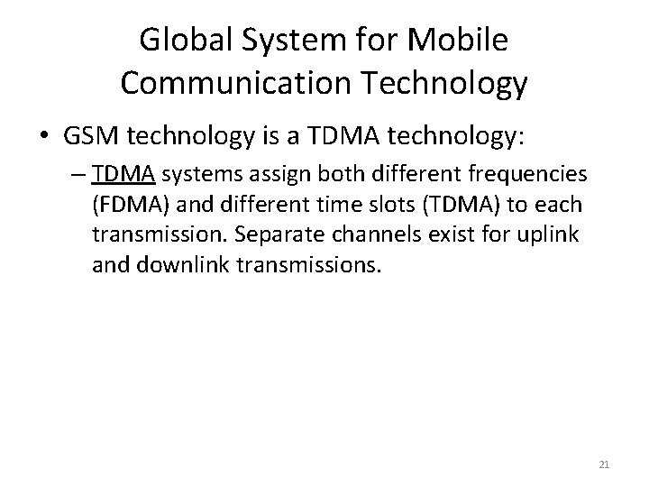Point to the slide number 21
click(605, 464)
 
